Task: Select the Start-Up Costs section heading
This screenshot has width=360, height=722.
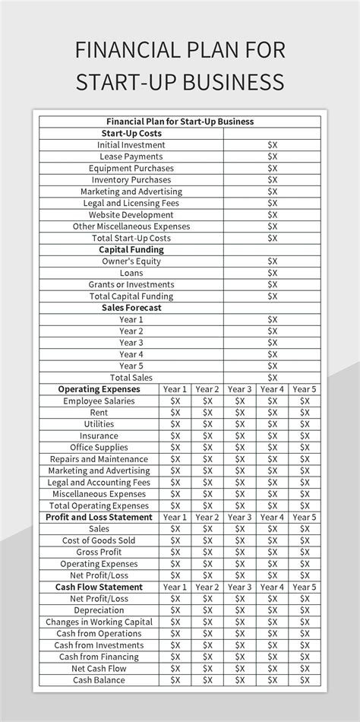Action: pyautogui.click(x=131, y=133)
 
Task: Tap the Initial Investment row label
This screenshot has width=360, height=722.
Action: pyautogui.click(x=131, y=144)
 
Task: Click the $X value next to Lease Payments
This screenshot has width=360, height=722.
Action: pyautogui.click(x=273, y=157)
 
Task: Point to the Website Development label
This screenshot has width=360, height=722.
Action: pyautogui.click(x=131, y=214)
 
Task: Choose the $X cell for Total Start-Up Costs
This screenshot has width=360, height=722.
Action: pyautogui.click(x=273, y=238)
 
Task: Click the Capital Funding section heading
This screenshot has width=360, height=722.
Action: pyautogui.click(x=131, y=249)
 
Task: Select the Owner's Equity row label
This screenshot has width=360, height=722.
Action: pyautogui.click(x=131, y=261)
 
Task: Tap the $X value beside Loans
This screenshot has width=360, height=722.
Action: pyautogui.click(x=273, y=273)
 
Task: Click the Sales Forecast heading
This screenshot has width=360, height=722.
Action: pyautogui.click(x=131, y=308)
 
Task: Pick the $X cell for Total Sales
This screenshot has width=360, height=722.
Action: pyautogui.click(x=273, y=378)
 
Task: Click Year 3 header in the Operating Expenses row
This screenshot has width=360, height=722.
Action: pyautogui.click(x=239, y=389)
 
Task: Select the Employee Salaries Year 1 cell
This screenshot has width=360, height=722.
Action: pyautogui.click(x=175, y=401)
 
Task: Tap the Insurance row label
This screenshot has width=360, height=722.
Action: pyautogui.click(x=99, y=435)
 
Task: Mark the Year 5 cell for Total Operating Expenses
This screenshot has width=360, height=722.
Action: pyautogui.click(x=304, y=505)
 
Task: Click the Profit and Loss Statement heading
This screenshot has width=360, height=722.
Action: pyautogui.click(x=99, y=517)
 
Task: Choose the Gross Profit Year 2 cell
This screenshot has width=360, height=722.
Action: pyautogui.click(x=207, y=552)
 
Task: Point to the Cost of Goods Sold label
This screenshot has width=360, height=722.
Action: pyautogui.click(x=99, y=540)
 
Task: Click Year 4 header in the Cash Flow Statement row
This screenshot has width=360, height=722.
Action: pyautogui.click(x=272, y=587)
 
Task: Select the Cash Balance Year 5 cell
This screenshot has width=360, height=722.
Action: pyautogui.click(x=304, y=679)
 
